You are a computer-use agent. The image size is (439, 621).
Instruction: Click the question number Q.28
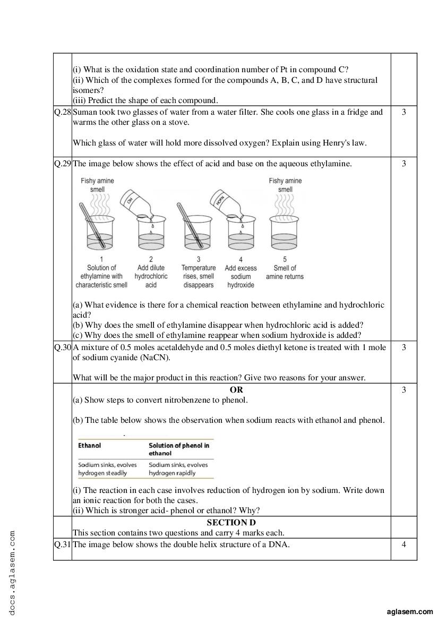62,112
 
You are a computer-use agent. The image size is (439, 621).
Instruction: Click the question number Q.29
62,164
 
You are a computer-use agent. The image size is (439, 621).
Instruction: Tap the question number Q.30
62,347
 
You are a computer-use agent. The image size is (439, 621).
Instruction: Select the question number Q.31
62,544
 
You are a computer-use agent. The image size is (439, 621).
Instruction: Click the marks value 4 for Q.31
403,544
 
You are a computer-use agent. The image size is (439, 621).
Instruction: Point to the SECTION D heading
231,523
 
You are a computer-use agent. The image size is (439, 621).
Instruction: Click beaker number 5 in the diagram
286,234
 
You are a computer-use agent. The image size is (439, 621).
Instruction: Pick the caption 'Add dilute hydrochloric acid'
151,276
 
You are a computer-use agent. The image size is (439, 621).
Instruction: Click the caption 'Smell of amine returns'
285,272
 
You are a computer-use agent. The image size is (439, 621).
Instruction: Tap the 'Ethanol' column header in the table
90,446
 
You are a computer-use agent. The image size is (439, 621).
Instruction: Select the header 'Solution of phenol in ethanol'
179,449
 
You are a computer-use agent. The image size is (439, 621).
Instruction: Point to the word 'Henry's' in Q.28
322,143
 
